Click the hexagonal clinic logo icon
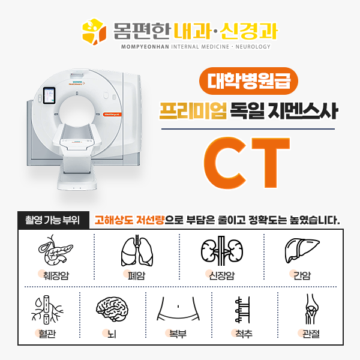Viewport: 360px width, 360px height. point(94,31)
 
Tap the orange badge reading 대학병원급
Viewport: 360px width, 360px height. point(248,81)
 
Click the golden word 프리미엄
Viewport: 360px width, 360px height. point(193,110)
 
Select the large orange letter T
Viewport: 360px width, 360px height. point(271,163)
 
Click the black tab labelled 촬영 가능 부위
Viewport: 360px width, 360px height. point(53,220)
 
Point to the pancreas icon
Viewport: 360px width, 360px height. point(55,250)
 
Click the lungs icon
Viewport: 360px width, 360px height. point(137,250)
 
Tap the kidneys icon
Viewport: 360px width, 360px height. point(222,251)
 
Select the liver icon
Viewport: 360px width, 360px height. point(302,250)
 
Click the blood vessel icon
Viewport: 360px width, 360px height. point(47,309)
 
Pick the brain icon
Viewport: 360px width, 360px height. point(112,309)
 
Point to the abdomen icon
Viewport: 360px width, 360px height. point(178,309)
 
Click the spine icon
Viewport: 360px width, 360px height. point(242,310)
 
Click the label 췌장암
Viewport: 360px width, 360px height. point(56,275)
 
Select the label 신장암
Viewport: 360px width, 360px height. point(221,275)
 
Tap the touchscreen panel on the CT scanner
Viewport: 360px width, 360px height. point(49,96)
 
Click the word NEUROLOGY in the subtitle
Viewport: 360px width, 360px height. point(253,47)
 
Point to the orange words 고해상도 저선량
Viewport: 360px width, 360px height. point(129,220)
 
